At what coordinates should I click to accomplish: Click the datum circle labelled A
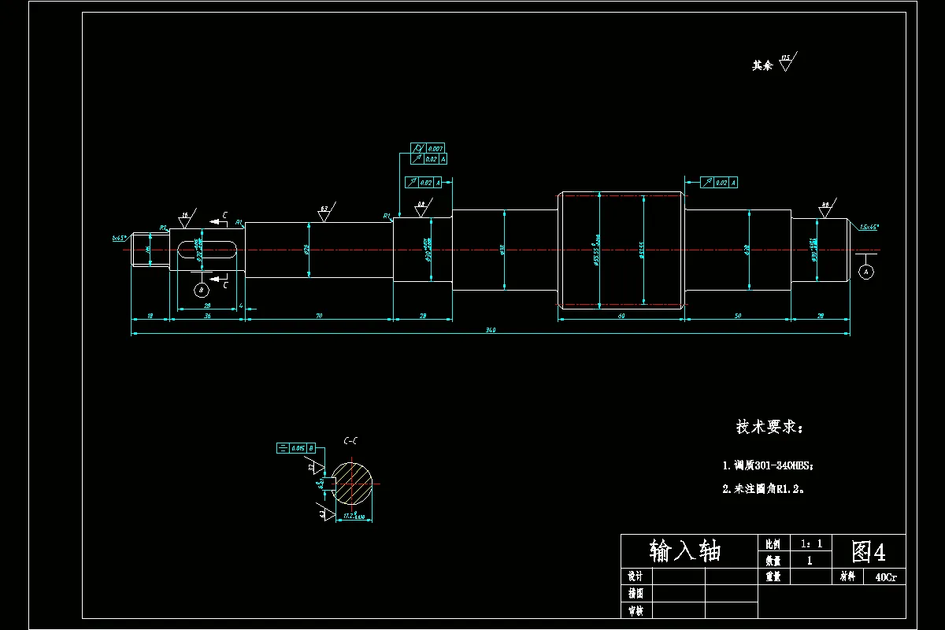pos(866,271)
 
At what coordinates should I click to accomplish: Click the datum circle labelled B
pos(201,290)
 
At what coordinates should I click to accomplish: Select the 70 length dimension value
pos(319,315)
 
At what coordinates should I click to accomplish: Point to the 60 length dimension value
pos(621,315)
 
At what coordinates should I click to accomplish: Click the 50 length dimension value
pos(738,315)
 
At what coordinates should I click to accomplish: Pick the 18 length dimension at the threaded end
pos(150,315)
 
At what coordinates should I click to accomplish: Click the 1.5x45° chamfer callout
pos(869,226)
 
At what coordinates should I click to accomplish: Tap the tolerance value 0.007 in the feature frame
pos(435,148)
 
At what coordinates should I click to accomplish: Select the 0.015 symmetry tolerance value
pos(298,448)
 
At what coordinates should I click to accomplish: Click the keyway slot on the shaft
pos(207,249)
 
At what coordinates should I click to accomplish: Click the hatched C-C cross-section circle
pos(352,484)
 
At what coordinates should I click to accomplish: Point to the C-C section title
pos(350,442)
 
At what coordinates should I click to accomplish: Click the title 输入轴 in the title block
pos(685,550)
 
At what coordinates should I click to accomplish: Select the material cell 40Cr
pos(884,577)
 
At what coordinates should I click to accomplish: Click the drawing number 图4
pos(869,551)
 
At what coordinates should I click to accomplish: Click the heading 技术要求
pos(769,428)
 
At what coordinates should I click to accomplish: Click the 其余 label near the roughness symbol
pos(762,66)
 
